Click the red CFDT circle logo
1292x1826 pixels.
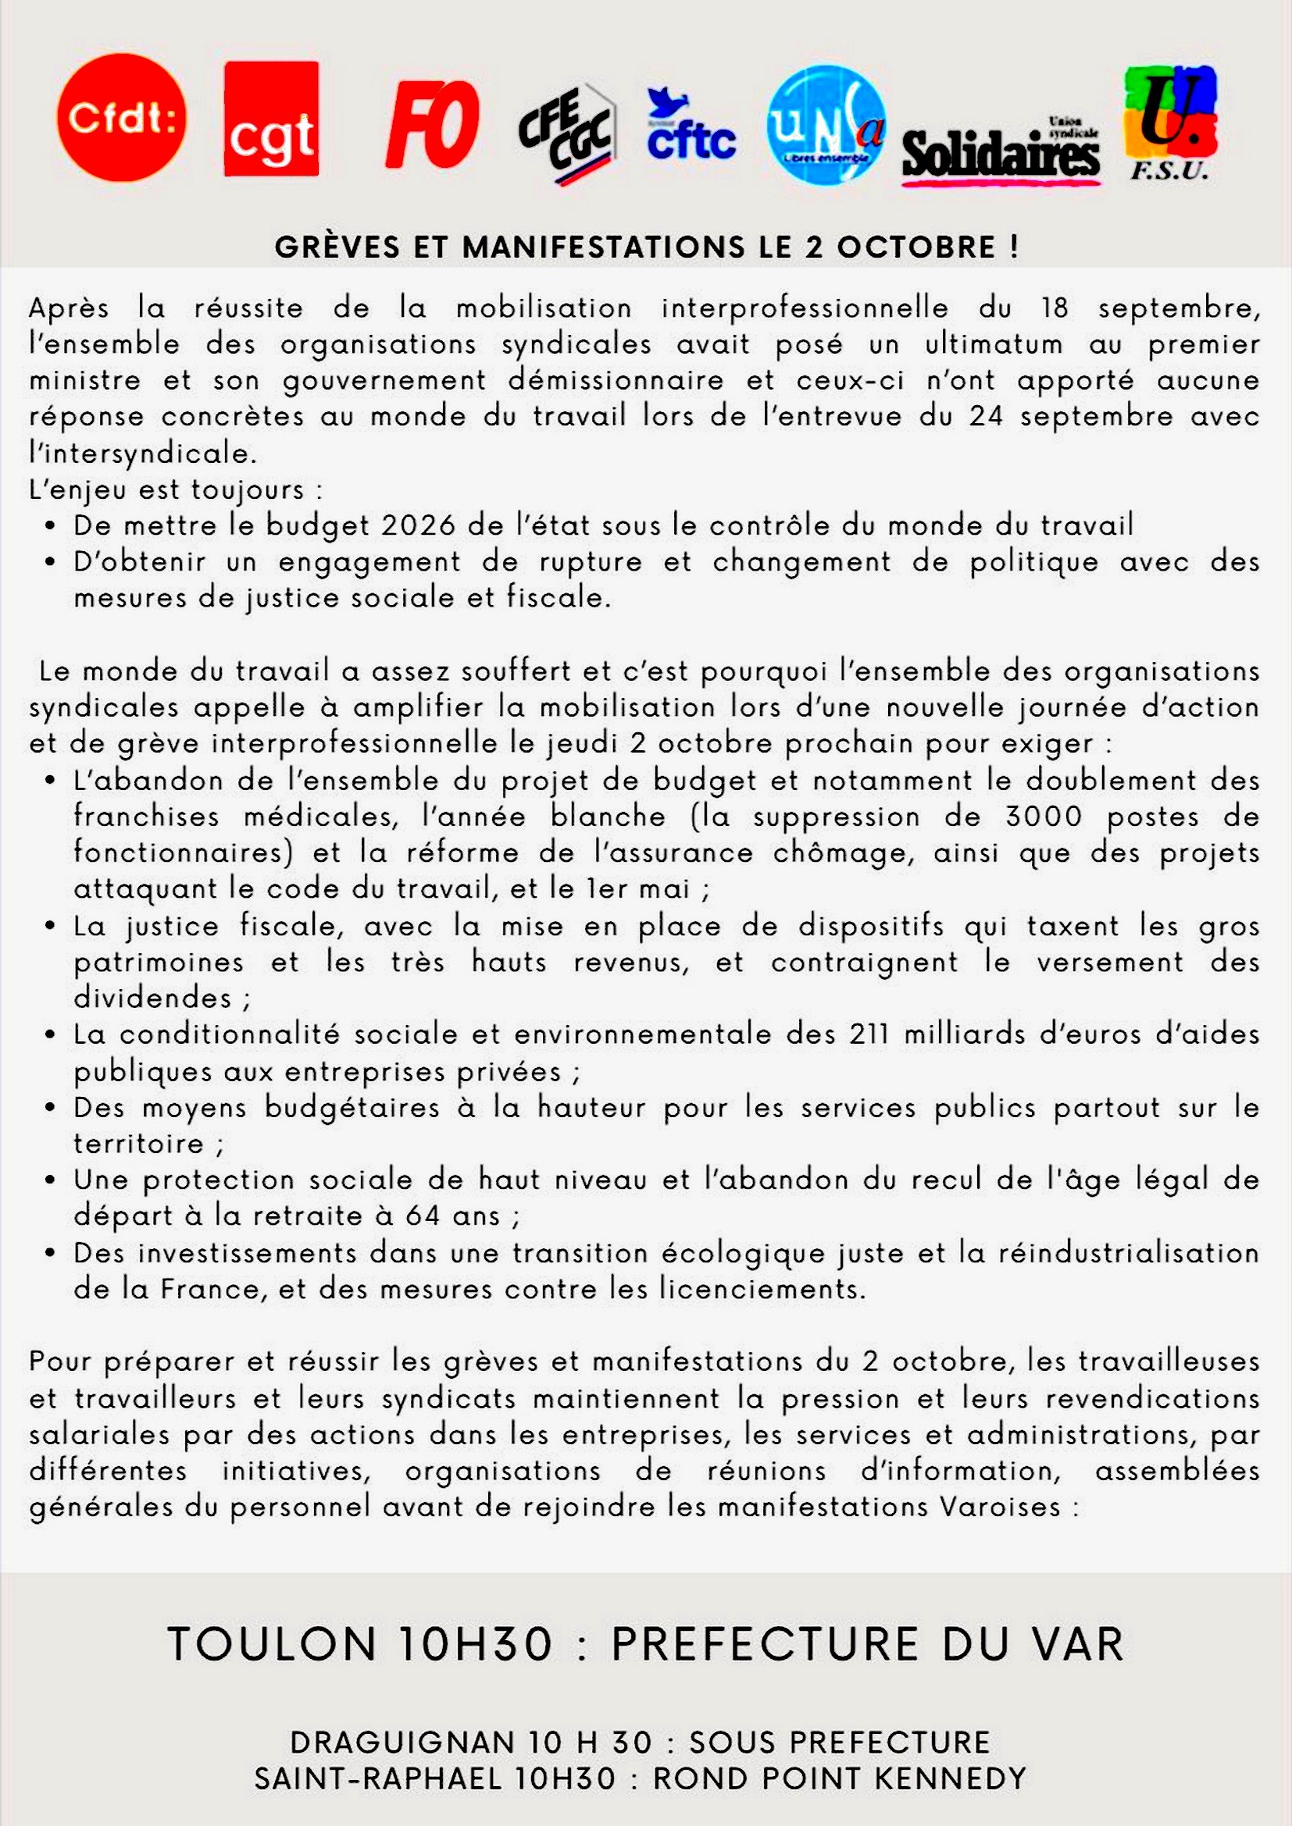click(x=122, y=118)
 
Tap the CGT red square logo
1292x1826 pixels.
click(x=271, y=119)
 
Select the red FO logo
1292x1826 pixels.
click(x=432, y=124)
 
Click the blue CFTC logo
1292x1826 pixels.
click(x=691, y=127)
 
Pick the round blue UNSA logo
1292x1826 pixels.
click(x=826, y=126)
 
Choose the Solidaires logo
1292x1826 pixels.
click(x=1001, y=153)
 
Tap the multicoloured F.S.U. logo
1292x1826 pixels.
click(x=1169, y=123)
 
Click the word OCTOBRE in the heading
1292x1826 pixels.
click(x=915, y=247)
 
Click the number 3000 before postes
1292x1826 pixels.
click(x=1043, y=817)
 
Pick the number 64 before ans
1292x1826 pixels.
click(x=422, y=1216)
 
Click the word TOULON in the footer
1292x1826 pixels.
click(x=271, y=1644)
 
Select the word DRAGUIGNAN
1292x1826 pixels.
click(x=402, y=1742)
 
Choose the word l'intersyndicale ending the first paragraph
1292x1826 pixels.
click(x=143, y=454)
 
